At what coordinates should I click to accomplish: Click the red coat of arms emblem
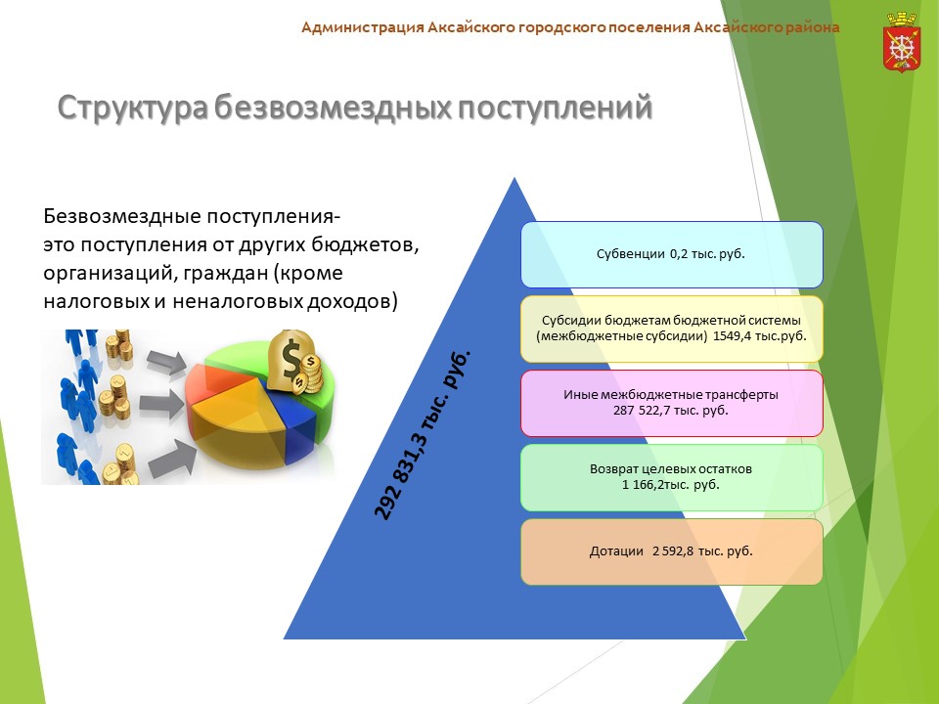901,42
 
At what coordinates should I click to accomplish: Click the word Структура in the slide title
132,109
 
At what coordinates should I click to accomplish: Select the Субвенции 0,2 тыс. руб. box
672,254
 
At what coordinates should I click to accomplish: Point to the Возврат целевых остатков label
671,468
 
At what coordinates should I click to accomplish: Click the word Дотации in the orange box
616,550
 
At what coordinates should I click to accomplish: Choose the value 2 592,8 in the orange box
673,550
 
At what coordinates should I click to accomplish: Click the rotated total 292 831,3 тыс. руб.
423,435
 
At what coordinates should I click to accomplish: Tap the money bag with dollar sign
294,362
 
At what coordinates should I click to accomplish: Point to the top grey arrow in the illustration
166,361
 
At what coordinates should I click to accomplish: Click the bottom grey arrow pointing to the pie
171,459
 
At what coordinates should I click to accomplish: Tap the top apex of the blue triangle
514,178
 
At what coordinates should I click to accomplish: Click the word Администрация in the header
362,27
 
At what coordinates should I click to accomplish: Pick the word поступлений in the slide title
556,109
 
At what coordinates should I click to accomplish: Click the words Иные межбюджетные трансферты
671,394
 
